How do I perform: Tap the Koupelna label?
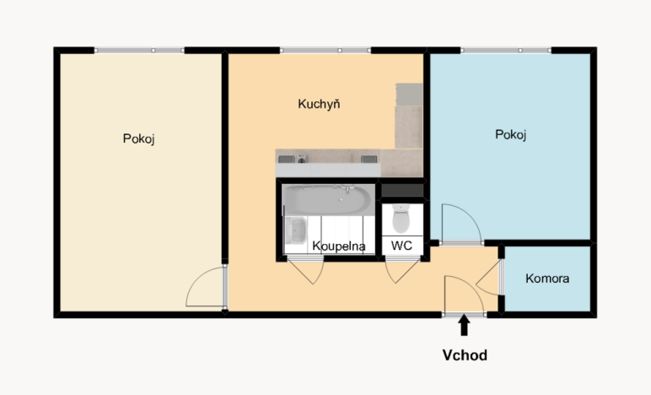click(x=338, y=246)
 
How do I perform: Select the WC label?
click(x=401, y=246)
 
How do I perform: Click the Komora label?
click(x=547, y=279)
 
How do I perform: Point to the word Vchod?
click(x=465, y=355)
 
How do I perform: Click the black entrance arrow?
click(x=464, y=325)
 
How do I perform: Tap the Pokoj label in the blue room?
click(x=511, y=134)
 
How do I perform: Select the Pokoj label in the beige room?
click(x=139, y=138)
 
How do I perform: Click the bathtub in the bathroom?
click(x=326, y=200)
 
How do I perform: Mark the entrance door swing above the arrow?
click(x=462, y=295)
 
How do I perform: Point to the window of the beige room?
click(x=139, y=51)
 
